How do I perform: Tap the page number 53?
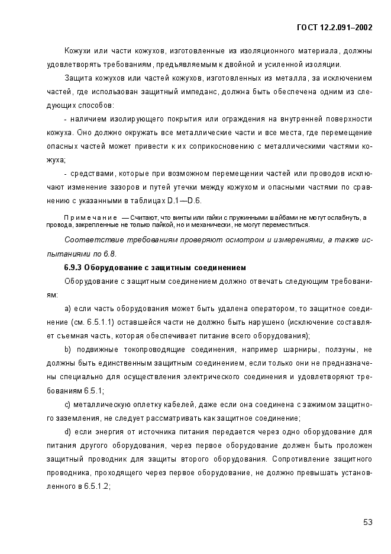(x=367, y=522)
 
